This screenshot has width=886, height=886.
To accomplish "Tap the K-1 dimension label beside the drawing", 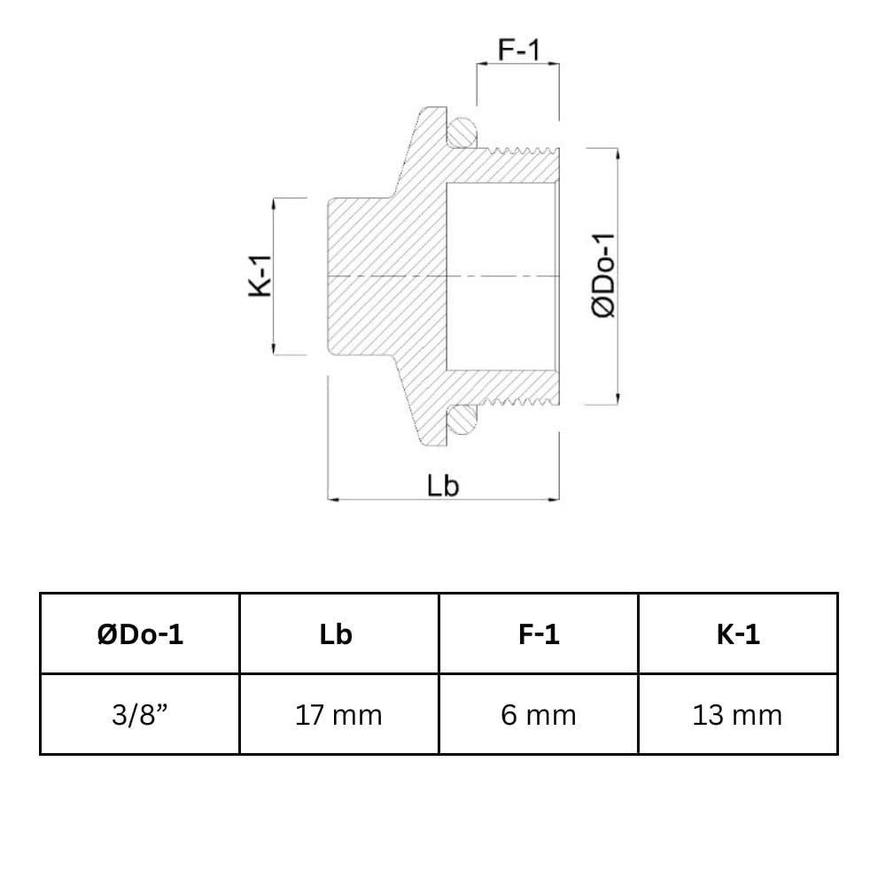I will pyautogui.click(x=260, y=276).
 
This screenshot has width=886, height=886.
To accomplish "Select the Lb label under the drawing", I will pyautogui.click(x=443, y=486).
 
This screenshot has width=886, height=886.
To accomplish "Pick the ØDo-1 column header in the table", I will pyautogui.click(x=140, y=634).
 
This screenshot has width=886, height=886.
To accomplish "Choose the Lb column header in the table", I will pyautogui.click(x=338, y=634).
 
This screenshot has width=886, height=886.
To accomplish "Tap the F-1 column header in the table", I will pyautogui.click(x=538, y=634).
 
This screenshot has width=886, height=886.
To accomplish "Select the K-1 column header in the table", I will pyautogui.click(x=737, y=634).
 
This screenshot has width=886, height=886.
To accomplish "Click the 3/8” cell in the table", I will pyautogui.click(x=140, y=714).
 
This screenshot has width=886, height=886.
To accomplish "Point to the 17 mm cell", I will pyautogui.click(x=338, y=714).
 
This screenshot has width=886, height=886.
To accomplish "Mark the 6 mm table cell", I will pyautogui.click(x=538, y=714).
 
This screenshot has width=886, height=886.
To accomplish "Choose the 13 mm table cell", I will pyautogui.click(x=737, y=714).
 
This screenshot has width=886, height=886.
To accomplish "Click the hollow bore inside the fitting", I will pyautogui.click(x=501, y=276).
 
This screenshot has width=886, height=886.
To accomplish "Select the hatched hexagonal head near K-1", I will pyautogui.click(x=359, y=276).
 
